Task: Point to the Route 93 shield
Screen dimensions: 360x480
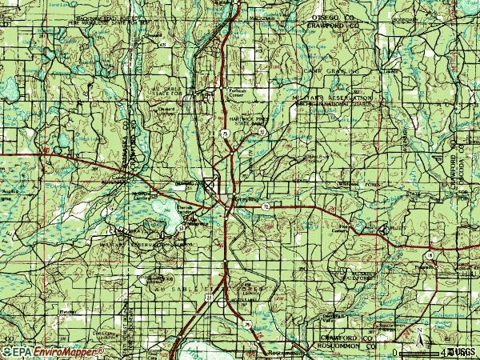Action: coord(262,131)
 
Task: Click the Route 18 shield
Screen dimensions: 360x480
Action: coord(430,254)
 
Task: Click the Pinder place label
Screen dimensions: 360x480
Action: coord(54,306)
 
